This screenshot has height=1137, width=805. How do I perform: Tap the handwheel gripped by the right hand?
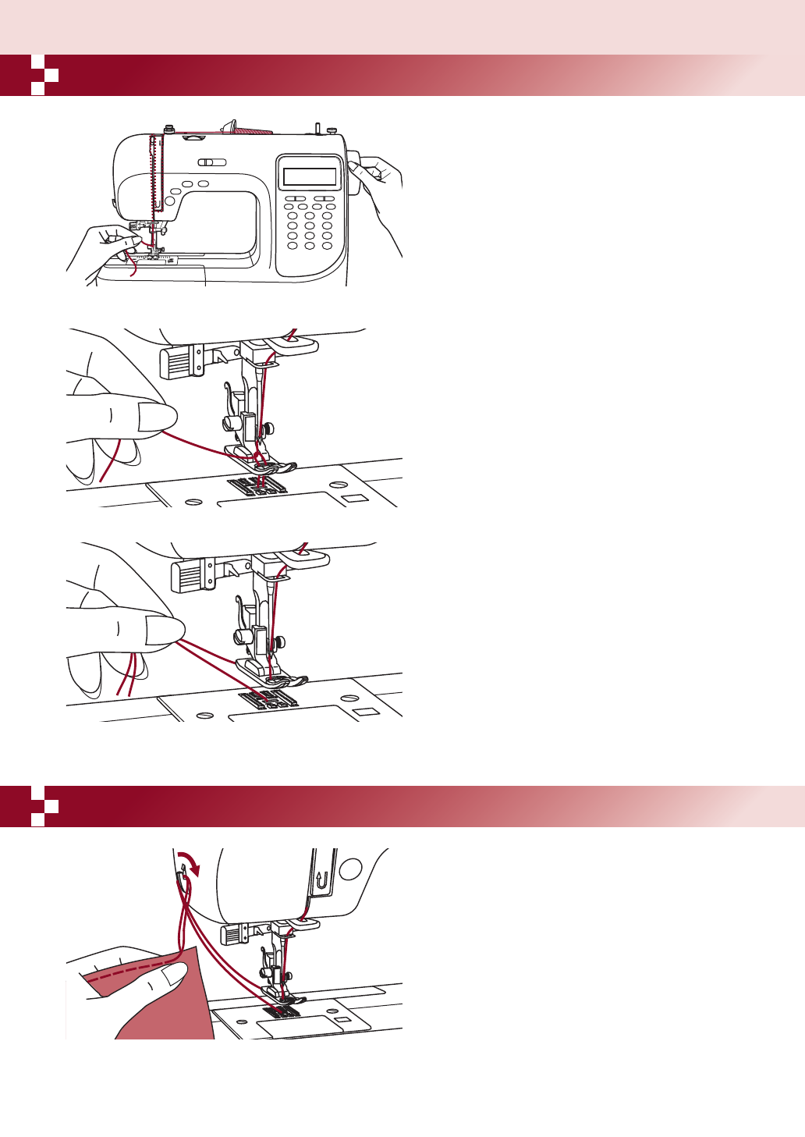tap(356, 172)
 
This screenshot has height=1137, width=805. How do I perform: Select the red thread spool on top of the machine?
tap(252, 128)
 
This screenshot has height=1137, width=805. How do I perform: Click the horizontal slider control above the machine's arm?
tap(211, 162)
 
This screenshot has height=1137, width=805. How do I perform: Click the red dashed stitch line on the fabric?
tap(129, 971)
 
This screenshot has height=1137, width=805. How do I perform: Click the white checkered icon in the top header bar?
tap(44, 75)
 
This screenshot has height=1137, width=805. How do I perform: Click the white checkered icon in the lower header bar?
tap(44, 806)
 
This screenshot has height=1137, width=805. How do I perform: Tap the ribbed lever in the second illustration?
tap(176, 362)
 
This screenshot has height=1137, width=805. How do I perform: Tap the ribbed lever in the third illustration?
tap(186, 577)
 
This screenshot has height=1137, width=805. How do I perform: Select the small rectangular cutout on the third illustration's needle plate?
tap(365, 712)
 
